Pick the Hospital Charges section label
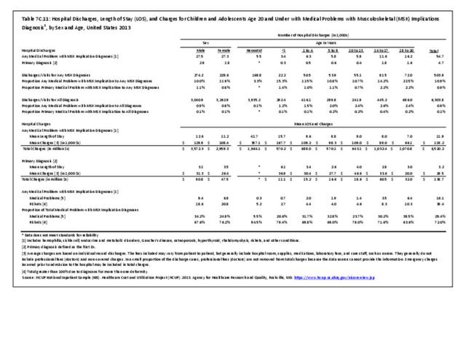(32, 125)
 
